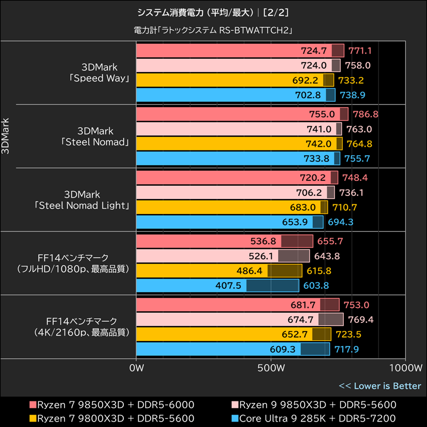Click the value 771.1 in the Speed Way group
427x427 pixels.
pos(360,51)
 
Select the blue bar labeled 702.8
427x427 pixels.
pos(235,95)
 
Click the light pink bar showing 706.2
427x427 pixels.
pos(235,193)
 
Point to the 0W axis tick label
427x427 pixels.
pos(137,368)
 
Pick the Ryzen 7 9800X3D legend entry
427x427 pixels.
pos(112,418)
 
